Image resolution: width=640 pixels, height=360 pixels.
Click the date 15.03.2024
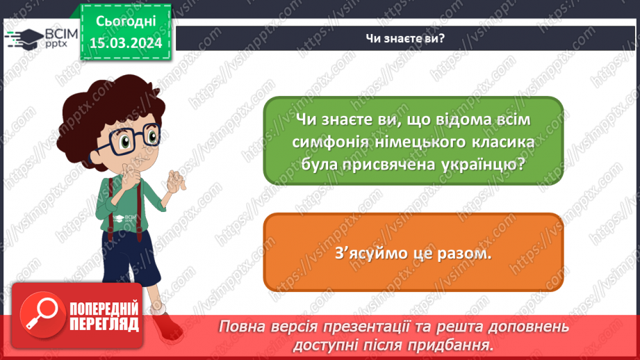(126, 43)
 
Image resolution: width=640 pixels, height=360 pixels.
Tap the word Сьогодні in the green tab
(126, 22)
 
